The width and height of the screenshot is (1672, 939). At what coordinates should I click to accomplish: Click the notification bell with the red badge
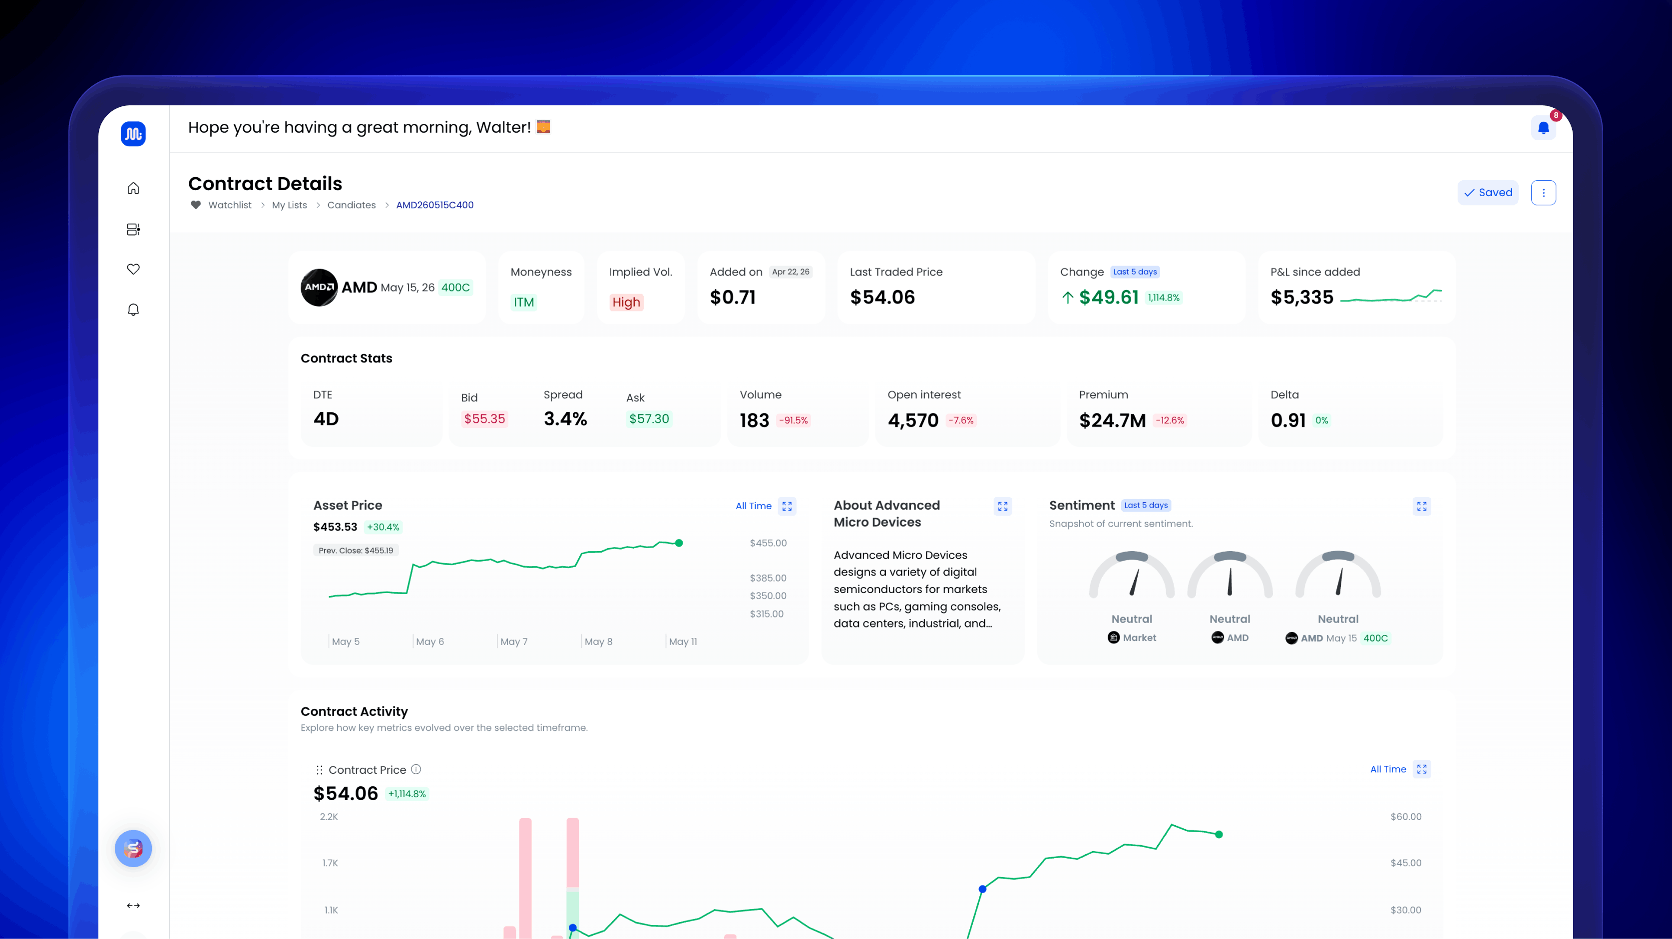point(1544,127)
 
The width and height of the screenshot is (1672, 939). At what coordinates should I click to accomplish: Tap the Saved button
point(1488,193)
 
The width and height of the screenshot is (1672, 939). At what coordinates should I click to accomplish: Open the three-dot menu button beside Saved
point(1544,193)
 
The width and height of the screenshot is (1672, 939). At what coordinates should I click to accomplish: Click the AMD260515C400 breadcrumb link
point(435,205)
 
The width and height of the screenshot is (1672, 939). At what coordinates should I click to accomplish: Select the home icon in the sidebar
point(133,188)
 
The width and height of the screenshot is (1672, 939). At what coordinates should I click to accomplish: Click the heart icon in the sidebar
point(133,269)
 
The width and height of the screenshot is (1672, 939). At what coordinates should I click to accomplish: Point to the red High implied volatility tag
point(626,303)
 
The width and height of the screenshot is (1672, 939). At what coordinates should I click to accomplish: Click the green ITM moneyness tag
point(524,303)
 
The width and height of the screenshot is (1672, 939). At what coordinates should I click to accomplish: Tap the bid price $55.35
point(484,419)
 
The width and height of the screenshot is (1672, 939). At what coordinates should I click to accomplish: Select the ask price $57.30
point(649,419)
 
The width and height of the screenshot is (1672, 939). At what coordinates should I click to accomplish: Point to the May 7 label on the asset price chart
point(514,642)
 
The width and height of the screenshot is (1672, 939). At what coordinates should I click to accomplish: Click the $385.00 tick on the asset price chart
point(768,578)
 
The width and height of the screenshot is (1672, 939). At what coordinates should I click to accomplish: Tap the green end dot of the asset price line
point(679,543)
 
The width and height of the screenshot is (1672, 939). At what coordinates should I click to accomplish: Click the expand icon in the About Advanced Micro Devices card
point(1003,506)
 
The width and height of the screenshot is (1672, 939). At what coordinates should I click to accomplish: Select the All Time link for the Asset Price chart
point(754,506)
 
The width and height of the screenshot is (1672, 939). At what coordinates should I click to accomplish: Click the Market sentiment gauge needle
point(1135,582)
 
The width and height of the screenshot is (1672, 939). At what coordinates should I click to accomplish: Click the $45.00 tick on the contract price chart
point(1406,863)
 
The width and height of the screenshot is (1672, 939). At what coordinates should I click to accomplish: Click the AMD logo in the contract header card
point(319,288)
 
